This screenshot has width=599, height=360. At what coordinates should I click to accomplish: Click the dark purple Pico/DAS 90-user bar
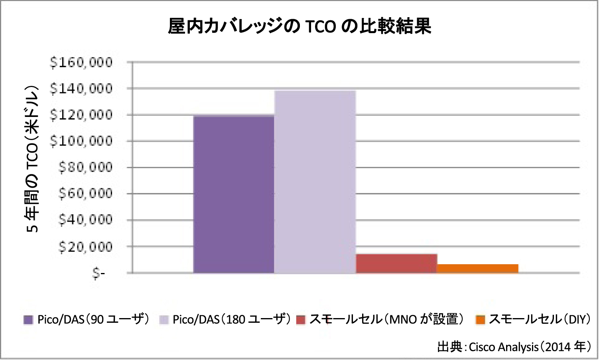point(234,194)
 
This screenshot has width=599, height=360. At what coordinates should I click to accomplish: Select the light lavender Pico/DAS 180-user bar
point(315,182)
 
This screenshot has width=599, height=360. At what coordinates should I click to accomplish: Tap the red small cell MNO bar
point(396,263)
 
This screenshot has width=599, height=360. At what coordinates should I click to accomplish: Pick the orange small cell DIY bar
point(478,269)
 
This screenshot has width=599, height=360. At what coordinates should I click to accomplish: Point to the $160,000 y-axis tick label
point(81,62)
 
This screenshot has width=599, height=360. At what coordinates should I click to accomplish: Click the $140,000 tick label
point(81,89)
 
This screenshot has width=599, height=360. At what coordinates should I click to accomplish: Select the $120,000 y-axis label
point(81,115)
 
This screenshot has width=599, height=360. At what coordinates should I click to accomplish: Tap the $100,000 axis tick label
point(81,141)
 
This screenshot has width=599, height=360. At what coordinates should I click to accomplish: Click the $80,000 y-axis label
point(85,167)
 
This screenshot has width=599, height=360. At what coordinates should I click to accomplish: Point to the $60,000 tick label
point(85,194)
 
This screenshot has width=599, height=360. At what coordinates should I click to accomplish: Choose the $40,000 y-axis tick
point(85,220)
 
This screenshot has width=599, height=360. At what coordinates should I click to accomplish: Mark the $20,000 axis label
point(85,247)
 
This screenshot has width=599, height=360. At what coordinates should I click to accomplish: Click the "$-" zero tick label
point(99,273)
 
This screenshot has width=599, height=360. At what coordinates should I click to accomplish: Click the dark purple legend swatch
point(28,320)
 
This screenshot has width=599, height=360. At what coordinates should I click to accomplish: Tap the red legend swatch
point(301,320)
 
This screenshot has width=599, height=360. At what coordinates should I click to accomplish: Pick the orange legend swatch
point(481,320)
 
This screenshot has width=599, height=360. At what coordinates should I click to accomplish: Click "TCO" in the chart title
point(320,27)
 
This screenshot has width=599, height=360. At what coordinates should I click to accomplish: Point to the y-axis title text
point(32,160)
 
